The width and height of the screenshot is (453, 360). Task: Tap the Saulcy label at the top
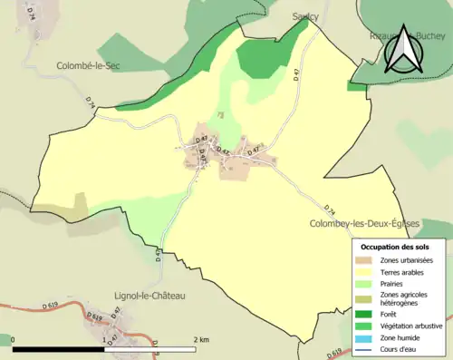[306, 16]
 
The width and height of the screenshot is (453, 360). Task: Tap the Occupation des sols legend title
[395, 247]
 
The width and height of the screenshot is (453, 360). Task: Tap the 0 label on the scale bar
[14, 339]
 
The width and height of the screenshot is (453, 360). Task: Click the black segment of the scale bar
[59, 349]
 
